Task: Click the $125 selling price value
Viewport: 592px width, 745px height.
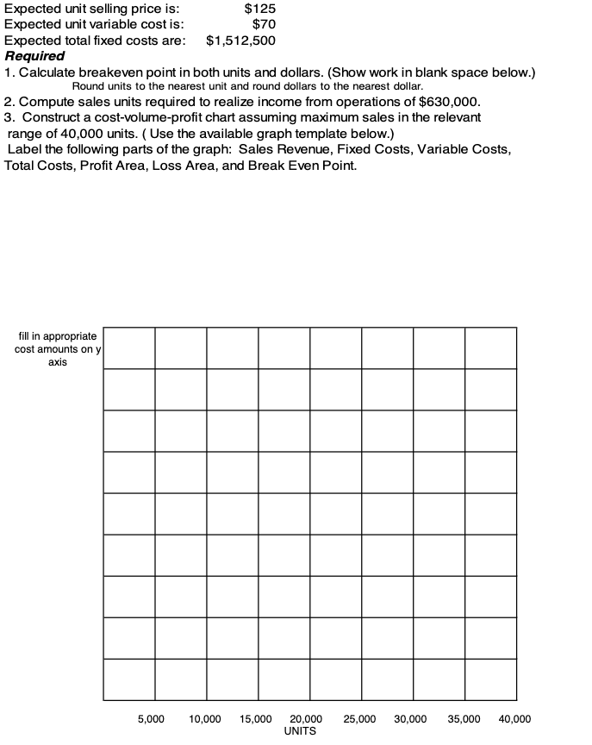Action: click(260, 9)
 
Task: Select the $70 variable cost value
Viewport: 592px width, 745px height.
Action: click(264, 24)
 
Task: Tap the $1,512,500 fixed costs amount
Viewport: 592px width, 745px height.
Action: click(241, 40)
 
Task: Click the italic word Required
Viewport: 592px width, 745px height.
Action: click(34, 55)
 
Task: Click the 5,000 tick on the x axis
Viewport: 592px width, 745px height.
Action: click(152, 718)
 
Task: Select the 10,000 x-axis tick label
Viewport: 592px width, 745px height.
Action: click(205, 718)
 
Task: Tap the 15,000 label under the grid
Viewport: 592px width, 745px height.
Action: click(256, 718)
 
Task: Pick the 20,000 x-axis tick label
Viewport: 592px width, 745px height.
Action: click(306, 718)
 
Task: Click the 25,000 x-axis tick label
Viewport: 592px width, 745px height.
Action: click(359, 718)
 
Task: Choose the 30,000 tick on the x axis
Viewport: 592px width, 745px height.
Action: click(410, 718)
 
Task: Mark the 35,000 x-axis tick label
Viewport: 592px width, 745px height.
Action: click(463, 718)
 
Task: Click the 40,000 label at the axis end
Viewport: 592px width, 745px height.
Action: click(514, 718)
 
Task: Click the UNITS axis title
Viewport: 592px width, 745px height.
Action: click(299, 731)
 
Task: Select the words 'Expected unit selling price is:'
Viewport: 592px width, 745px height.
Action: click(92, 9)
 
